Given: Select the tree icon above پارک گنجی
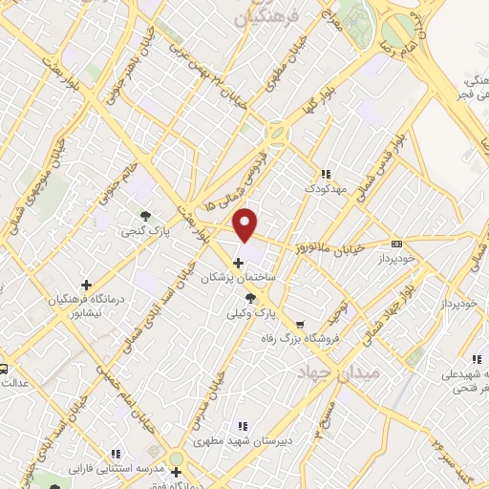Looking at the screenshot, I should tap(144, 216).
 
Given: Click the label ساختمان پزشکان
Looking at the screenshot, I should tap(237, 277).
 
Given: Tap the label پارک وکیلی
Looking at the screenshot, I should tap(251, 313).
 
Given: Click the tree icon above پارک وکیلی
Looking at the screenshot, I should tap(251, 299).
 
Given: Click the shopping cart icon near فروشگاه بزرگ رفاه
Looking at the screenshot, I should tap(301, 324).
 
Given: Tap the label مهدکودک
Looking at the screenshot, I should tap(326, 188).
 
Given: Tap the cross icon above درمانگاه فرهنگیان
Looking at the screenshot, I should tap(87, 285).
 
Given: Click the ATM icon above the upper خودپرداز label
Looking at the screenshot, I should tap(396, 244).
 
